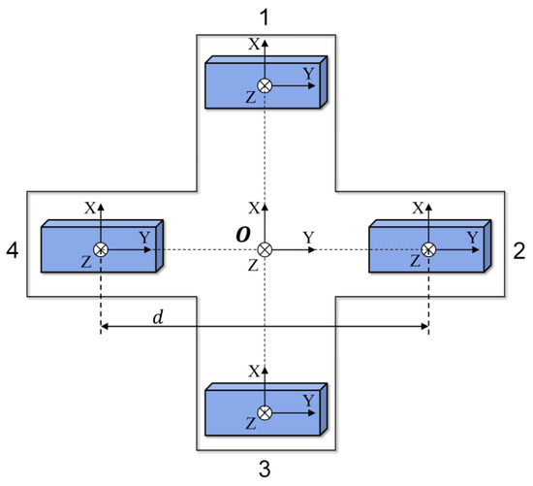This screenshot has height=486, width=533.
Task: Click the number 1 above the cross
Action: click(x=265, y=16)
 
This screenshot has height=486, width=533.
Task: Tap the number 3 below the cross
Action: click(x=265, y=470)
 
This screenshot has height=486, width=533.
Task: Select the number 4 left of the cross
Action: click(x=13, y=250)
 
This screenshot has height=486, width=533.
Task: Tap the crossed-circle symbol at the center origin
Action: click(x=265, y=250)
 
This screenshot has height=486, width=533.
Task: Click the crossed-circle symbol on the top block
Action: click(x=265, y=85)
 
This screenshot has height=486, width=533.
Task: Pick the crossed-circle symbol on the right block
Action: click(x=428, y=250)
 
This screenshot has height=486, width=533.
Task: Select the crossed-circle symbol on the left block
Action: click(x=101, y=250)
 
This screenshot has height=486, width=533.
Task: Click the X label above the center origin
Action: click(x=254, y=208)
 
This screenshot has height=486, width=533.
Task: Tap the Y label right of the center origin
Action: click(x=308, y=237)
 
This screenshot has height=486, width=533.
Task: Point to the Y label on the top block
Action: click(x=308, y=72)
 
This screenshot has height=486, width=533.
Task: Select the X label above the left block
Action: click(x=89, y=208)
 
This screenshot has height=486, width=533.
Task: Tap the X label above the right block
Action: click(x=417, y=208)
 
